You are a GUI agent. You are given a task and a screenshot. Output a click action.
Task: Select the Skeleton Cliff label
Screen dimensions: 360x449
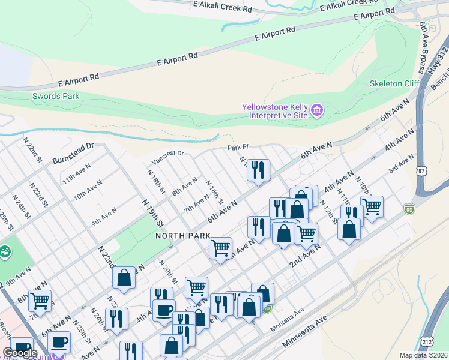click(394, 83)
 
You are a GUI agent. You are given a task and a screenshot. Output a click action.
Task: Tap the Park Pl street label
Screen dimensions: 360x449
click(237, 147)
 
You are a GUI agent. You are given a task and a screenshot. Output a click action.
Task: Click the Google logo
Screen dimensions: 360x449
click(20, 353)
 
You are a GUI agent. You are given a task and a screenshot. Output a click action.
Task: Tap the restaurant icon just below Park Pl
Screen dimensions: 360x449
click(259, 170)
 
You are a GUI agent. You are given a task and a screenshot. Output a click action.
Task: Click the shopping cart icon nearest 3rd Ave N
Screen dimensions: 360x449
click(372, 206)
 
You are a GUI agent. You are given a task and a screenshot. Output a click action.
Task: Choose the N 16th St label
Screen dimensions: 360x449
click(215, 192)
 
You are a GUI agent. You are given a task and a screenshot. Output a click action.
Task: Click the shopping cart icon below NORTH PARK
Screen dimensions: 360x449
click(221, 247)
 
